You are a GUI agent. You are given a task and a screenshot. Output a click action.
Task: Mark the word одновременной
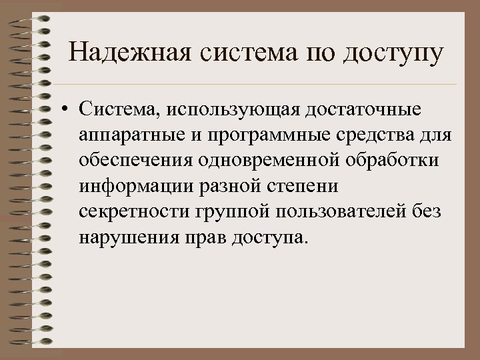pyautogui.click(x=280, y=162)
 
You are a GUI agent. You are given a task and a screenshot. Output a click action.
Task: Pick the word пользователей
pyautogui.click(x=349, y=213)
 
